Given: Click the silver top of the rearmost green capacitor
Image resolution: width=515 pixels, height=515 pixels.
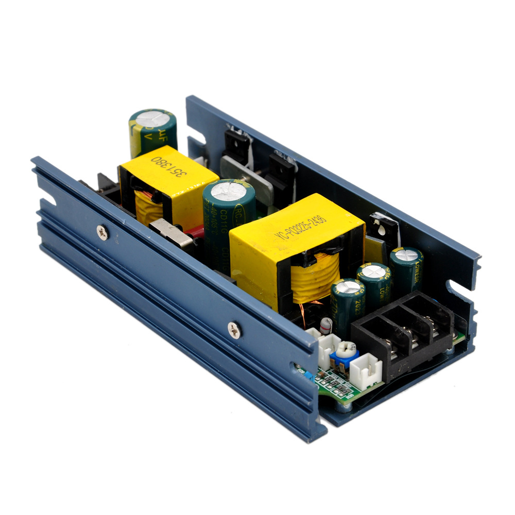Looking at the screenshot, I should pos(152,117).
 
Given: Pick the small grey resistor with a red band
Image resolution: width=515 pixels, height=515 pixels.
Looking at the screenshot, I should pos(326,325).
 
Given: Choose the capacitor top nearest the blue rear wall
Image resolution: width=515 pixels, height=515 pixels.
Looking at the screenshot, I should pos(406,254).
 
